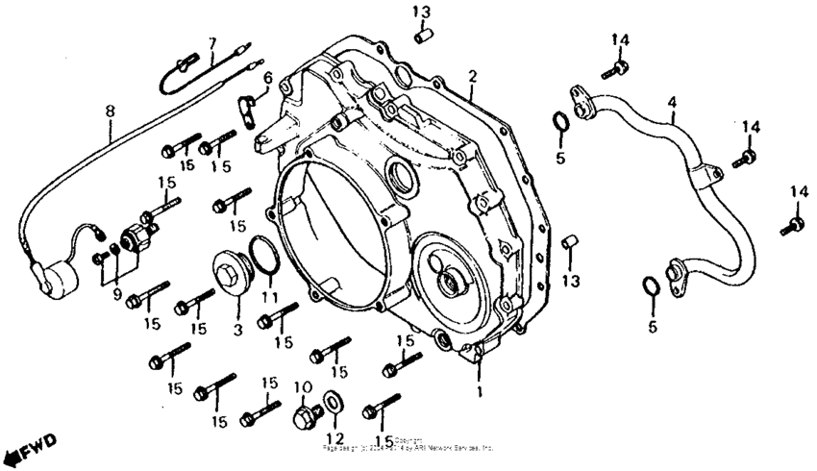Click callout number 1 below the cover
pos(481,392)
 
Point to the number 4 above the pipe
pos(672,101)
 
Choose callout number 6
pos(267,78)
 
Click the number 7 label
pos(212,43)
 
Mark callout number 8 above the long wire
pos(110,111)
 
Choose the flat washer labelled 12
pos(333,400)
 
